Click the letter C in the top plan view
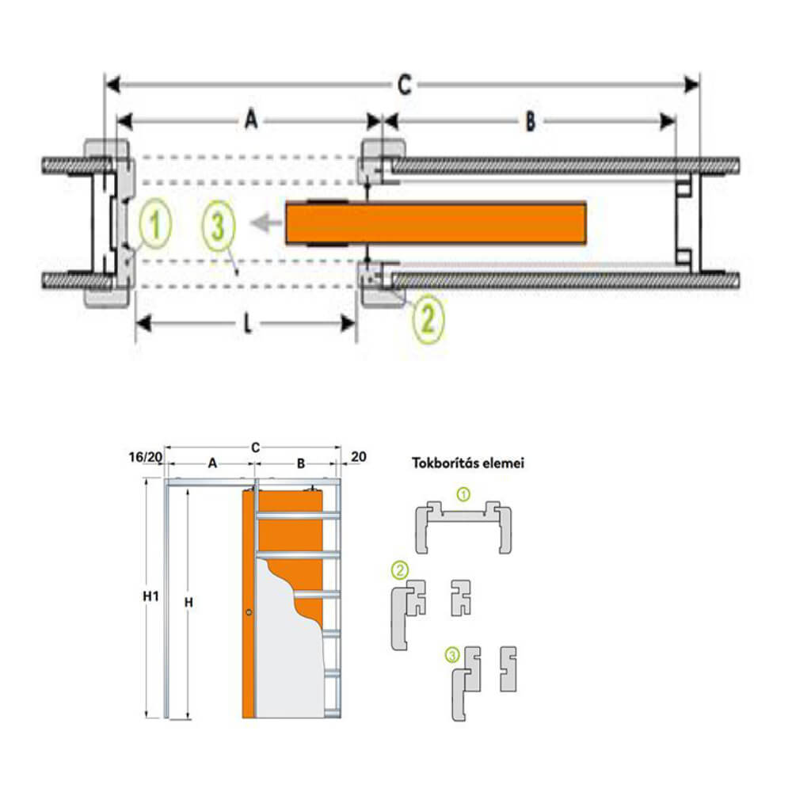point(404,84)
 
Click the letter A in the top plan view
point(250,121)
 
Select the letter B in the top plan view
point(530,121)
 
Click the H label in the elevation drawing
point(188,602)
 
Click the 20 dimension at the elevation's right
point(358,456)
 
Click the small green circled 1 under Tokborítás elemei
point(464,494)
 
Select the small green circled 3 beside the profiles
point(451,654)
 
